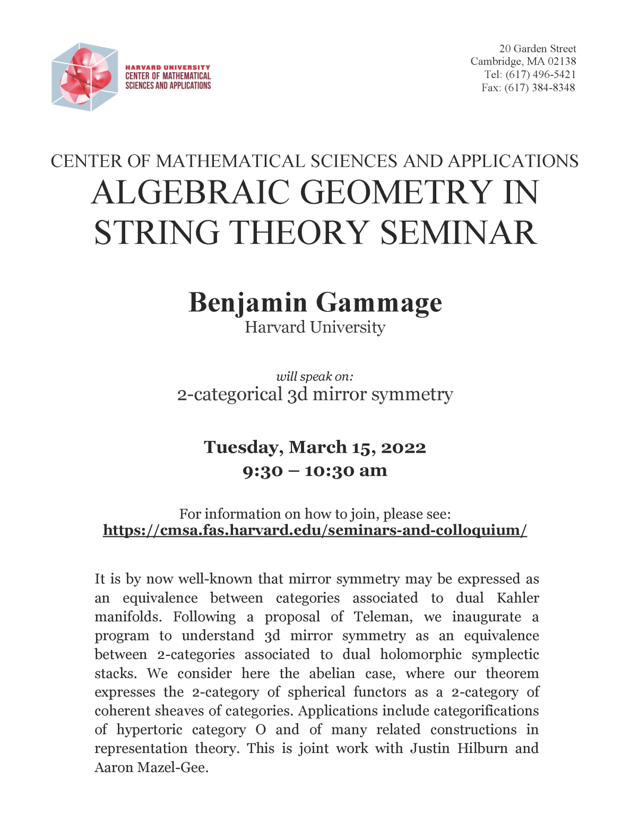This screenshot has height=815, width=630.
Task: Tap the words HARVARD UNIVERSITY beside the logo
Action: pyautogui.click(x=168, y=67)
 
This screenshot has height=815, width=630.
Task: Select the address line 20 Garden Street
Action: pyautogui.click(x=537, y=49)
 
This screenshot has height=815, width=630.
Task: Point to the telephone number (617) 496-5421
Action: pyautogui.click(x=540, y=75)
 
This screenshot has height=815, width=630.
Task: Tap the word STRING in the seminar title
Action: pyautogui.click(x=157, y=233)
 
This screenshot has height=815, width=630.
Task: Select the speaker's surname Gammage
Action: pyautogui.click(x=379, y=302)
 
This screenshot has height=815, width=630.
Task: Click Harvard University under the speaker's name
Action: pyautogui.click(x=315, y=327)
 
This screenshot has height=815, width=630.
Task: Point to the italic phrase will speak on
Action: pyautogui.click(x=314, y=377)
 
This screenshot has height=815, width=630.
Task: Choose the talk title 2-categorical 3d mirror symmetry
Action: pyautogui.click(x=315, y=394)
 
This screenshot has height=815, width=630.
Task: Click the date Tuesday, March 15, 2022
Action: pyautogui.click(x=315, y=447)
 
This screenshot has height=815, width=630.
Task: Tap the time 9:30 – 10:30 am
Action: pyautogui.click(x=315, y=471)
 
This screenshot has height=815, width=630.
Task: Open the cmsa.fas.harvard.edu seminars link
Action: pyautogui.click(x=315, y=530)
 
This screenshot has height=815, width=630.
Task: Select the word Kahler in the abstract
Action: pyautogui.click(x=517, y=598)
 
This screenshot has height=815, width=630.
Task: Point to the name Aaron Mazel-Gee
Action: pyautogui.click(x=151, y=767)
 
